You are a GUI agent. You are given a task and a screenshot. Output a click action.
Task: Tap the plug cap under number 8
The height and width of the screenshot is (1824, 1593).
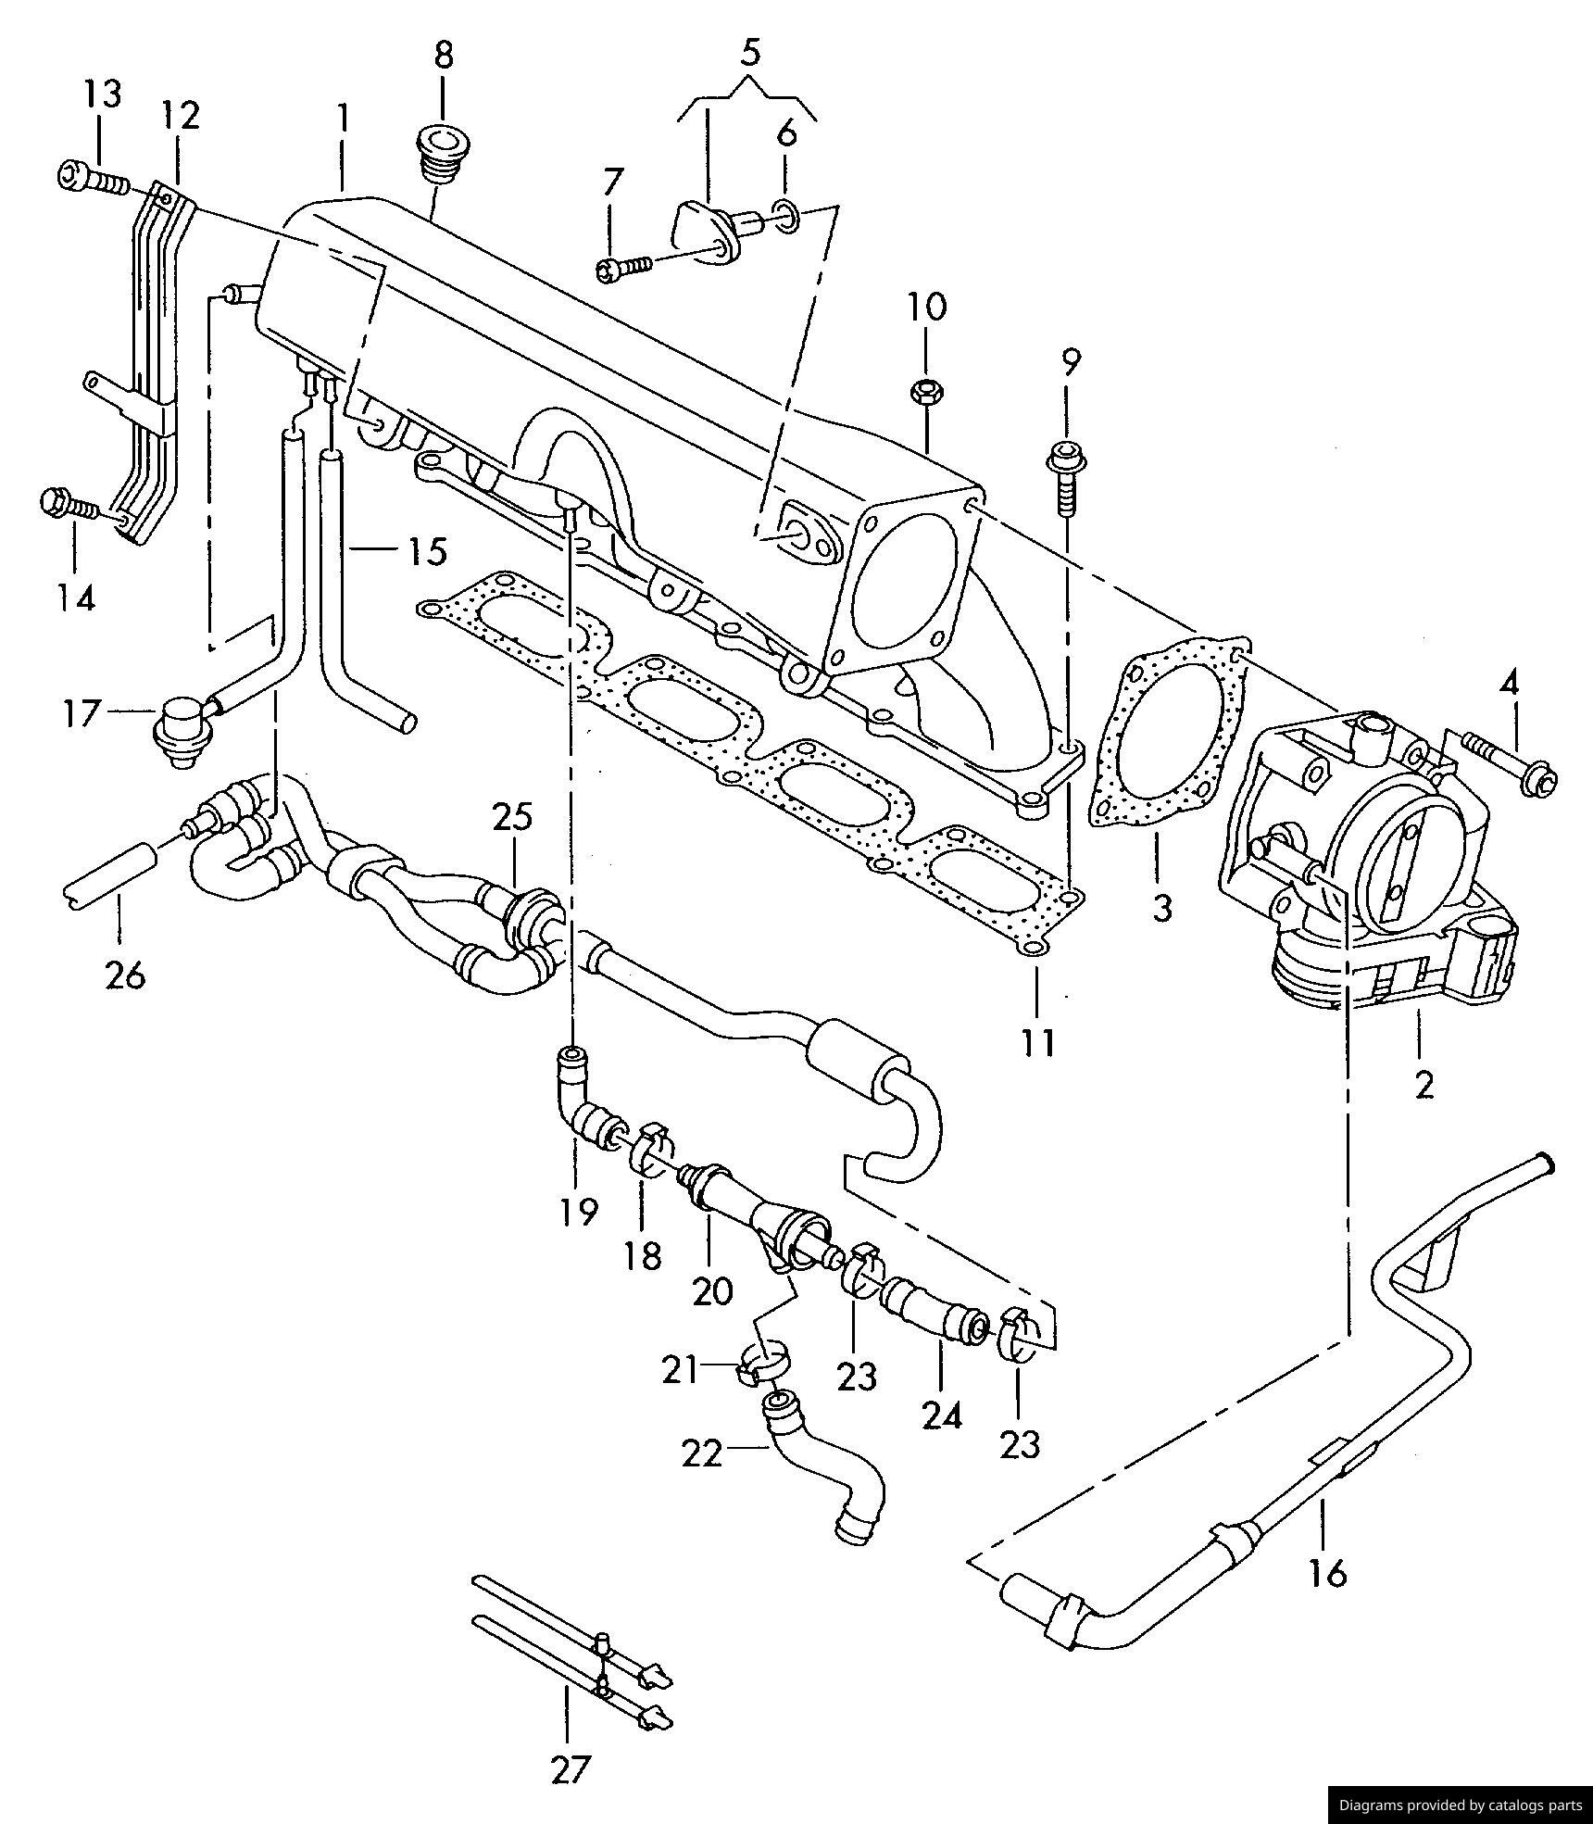(442, 157)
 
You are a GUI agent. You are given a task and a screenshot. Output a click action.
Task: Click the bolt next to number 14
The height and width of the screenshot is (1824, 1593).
(69, 505)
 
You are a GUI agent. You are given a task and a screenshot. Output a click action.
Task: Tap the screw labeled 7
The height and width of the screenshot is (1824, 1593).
(625, 268)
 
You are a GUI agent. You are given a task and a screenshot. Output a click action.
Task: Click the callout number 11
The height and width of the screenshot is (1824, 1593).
(1039, 1042)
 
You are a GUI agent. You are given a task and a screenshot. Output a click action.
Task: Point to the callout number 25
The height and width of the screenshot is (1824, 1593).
(512, 817)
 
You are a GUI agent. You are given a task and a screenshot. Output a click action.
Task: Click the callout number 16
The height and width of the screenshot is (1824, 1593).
(1326, 1572)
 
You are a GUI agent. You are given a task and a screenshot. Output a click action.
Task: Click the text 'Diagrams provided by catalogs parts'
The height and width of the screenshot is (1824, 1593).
(1461, 1805)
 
